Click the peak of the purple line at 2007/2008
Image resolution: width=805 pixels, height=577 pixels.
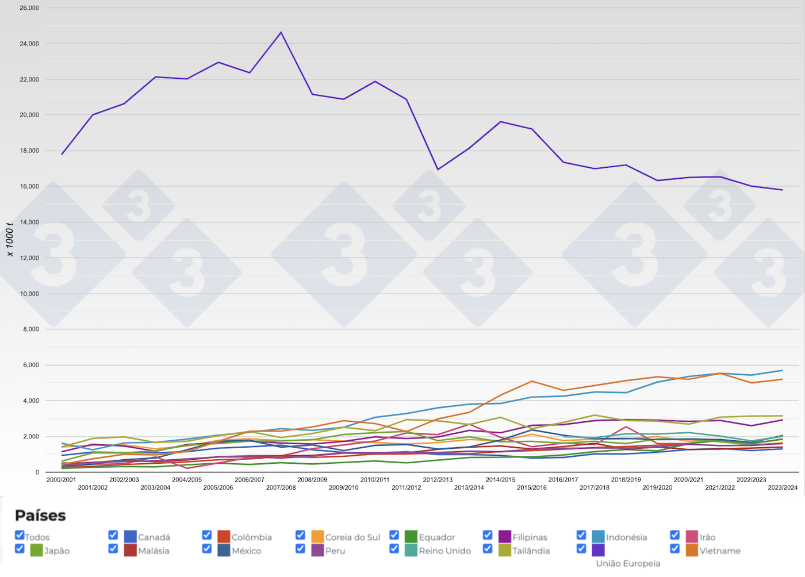click(281, 32)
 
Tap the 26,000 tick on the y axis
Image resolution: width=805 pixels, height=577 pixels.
click(29, 8)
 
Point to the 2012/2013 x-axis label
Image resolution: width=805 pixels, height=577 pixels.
click(438, 479)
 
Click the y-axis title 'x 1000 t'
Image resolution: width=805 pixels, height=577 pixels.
click(10, 239)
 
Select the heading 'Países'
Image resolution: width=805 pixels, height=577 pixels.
click(40, 516)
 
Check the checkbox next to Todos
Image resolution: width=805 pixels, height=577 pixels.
click(20, 535)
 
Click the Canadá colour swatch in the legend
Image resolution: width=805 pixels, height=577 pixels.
click(131, 537)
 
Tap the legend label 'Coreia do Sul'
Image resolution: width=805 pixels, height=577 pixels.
click(352, 537)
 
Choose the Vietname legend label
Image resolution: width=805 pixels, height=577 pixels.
click(720, 551)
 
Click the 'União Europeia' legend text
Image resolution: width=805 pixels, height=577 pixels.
click(628, 563)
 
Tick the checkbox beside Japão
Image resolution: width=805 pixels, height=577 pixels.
click(20, 548)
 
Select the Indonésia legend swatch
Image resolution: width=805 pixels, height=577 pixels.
click(599, 537)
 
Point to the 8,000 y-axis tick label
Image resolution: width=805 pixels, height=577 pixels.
click(30, 329)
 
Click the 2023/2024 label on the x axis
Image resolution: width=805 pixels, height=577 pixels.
click(783, 487)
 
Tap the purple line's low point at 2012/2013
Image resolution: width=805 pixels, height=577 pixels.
click(438, 170)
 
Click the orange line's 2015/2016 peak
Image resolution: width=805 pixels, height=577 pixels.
click(532, 381)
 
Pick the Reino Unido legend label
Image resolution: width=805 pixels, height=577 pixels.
click(444, 551)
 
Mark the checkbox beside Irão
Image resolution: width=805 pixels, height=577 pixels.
click(675, 535)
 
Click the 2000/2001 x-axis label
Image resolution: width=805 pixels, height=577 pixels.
click(61, 479)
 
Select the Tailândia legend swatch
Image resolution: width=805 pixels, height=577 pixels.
click(505, 550)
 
